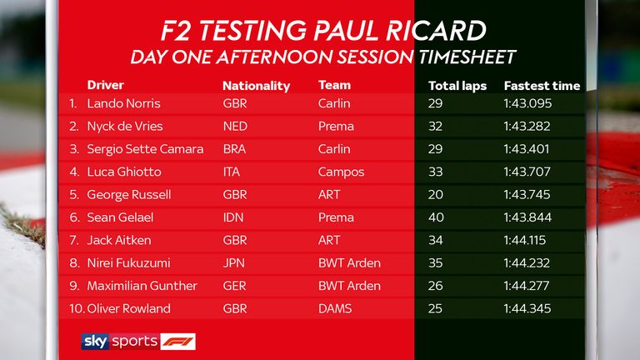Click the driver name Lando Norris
pyautogui.click(x=123, y=103)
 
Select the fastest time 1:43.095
pyautogui.click(x=527, y=103)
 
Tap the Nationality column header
pyautogui.click(x=257, y=86)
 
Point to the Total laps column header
pyautogui.click(x=457, y=86)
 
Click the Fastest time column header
pyautogui.click(x=542, y=86)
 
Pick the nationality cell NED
pyautogui.click(x=235, y=126)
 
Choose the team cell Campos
pyautogui.click(x=341, y=172)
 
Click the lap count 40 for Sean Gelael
pyautogui.click(x=436, y=217)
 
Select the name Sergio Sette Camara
pyautogui.click(x=145, y=149)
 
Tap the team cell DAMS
pyautogui.click(x=335, y=308)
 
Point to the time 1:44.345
pyautogui.click(x=527, y=308)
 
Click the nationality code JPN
pyautogui.click(x=234, y=262)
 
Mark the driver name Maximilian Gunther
pyautogui.click(x=142, y=286)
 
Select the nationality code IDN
pyautogui.click(x=233, y=217)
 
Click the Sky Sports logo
pyautogui.click(x=120, y=342)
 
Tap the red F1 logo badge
pyautogui.click(x=178, y=342)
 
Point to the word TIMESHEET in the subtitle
pyautogui.click(x=467, y=57)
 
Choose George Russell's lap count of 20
pyautogui.click(x=436, y=194)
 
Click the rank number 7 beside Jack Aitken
pyautogui.click(x=73, y=240)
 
